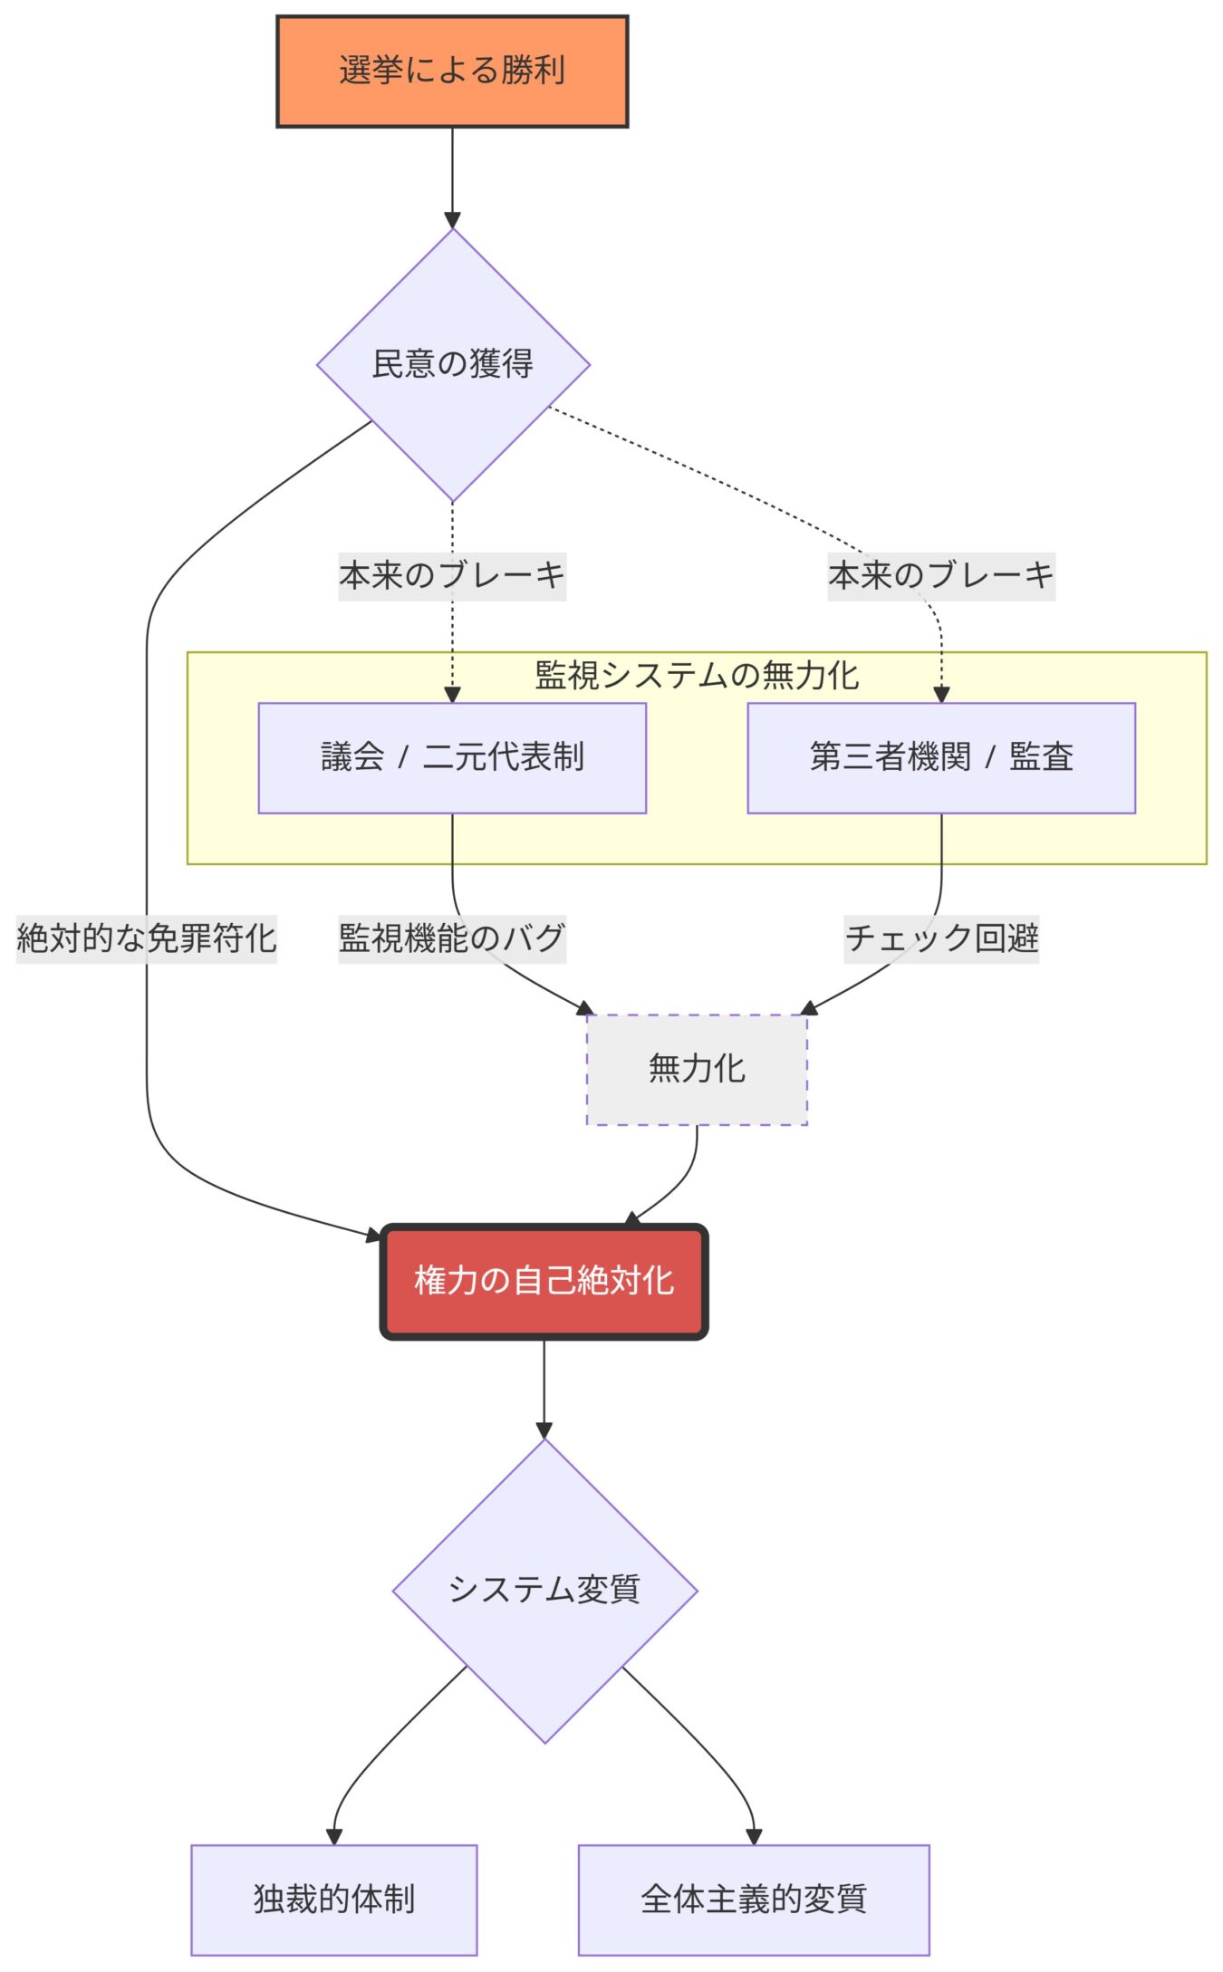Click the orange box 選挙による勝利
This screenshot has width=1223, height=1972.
point(452,71)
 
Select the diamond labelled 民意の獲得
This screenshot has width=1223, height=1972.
point(453,364)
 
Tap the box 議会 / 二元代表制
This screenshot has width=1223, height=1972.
point(452,757)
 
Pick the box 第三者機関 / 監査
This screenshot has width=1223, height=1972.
point(941,757)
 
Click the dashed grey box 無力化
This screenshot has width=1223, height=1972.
point(697,1069)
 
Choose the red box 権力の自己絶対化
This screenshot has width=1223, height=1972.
point(544,1281)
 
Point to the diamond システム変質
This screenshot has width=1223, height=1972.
point(544,1589)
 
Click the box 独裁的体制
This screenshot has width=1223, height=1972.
point(334,1899)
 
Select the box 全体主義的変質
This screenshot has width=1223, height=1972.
point(754,1899)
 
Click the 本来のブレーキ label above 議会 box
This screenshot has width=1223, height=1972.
point(452,576)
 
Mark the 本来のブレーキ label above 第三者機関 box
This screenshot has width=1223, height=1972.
point(941,576)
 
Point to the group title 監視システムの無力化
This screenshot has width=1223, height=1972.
point(697,676)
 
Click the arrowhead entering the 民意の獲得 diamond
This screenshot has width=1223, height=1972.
point(453,221)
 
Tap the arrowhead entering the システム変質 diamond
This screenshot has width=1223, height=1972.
point(544,1430)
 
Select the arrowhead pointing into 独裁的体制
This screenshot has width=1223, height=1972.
point(334,1836)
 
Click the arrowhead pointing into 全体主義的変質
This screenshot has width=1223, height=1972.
point(754,1836)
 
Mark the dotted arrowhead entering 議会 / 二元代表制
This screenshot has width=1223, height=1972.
point(452,696)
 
